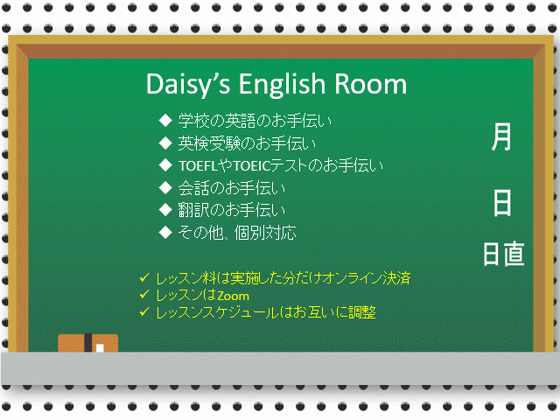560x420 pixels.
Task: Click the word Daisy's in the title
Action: [x=188, y=84]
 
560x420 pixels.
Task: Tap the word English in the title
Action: [x=282, y=84]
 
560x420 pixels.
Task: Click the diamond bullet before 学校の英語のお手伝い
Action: [x=165, y=121]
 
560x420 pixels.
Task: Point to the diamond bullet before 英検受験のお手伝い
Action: [x=165, y=143]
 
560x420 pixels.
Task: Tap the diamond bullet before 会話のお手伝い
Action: [x=165, y=187]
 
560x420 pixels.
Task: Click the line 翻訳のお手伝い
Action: [x=232, y=210]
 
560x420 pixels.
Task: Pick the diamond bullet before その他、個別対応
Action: [x=165, y=233]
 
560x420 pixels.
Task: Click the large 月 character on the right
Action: [x=501, y=136]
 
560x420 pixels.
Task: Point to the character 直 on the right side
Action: [x=514, y=254]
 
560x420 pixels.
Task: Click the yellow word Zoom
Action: [x=234, y=296]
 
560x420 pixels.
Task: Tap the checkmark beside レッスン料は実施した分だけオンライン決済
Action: [x=144, y=277]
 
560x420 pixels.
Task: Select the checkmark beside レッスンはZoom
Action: [x=144, y=294]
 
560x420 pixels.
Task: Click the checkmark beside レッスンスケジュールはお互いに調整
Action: [x=144, y=311]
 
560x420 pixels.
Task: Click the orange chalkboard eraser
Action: [x=87, y=343]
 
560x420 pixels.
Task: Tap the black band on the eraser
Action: [x=87, y=342]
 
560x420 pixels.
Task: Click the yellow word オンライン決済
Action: [x=367, y=278]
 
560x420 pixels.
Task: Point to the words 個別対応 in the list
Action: [x=265, y=233]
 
